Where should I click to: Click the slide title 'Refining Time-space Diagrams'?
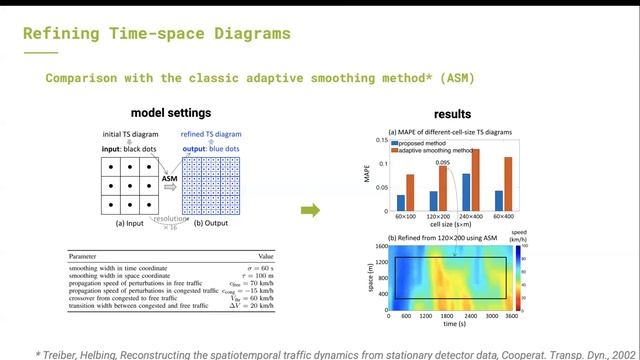(156, 33)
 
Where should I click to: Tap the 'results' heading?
(451, 114)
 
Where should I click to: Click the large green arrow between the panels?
(311, 210)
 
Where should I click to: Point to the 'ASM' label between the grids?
(169, 177)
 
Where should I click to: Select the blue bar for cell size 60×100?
(400, 203)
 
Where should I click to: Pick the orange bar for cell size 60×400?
(508, 185)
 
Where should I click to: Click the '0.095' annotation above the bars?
(442, 161)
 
